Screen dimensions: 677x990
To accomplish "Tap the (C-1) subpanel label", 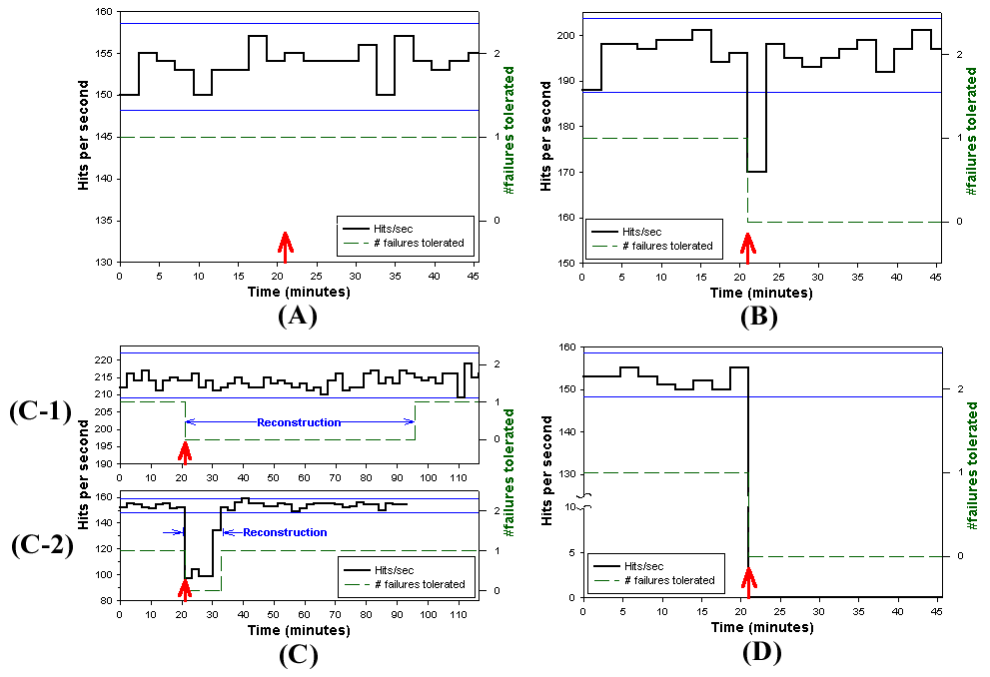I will [42, 412].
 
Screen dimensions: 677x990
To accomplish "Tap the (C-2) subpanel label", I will [42, 547].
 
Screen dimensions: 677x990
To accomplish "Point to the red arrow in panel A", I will [286, 246].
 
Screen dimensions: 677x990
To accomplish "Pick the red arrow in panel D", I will [748, 581].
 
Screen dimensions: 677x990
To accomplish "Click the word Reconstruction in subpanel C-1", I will [299, 422].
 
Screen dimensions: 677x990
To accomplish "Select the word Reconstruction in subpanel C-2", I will [285, 532].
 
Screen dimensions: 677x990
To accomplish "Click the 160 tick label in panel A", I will [103, 13].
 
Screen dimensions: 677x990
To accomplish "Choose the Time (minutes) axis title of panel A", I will [299, 293].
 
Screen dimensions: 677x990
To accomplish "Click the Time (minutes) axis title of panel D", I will [761, 628].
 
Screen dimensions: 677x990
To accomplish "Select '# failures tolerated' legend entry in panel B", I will [667, 246].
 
